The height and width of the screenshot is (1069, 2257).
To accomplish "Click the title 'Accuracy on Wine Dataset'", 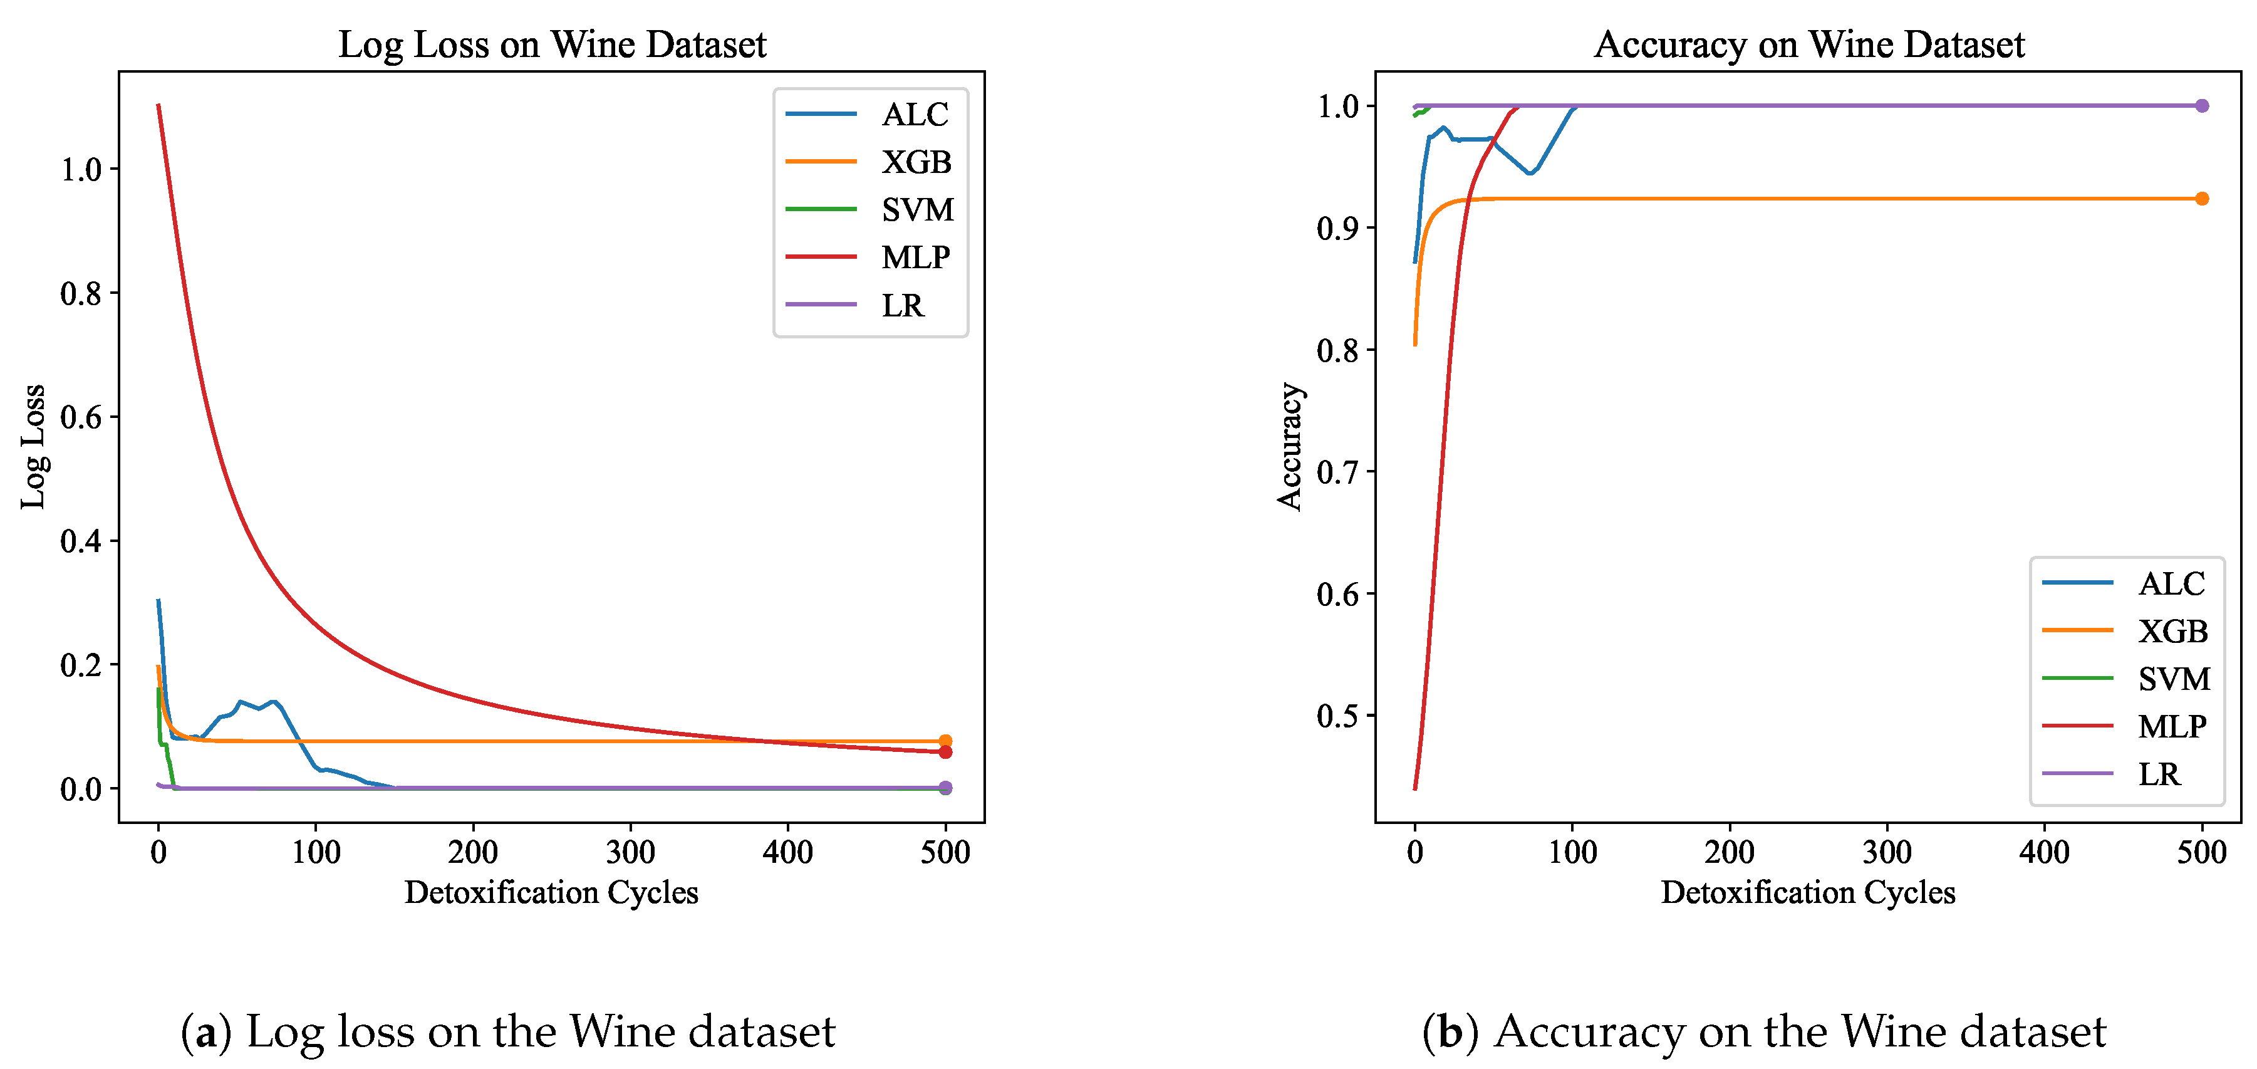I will [1808, 44].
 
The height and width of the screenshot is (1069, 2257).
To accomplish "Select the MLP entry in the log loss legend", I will [915, 258].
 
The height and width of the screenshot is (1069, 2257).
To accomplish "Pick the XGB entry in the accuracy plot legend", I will [2171, 632].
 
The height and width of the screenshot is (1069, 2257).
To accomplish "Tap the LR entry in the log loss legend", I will [903, 306].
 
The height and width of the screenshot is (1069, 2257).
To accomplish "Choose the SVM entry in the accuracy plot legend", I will [2173, 679].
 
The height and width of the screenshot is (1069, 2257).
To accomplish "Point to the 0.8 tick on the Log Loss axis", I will [81, 293].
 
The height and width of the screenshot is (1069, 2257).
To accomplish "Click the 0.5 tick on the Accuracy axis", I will [1337, 716].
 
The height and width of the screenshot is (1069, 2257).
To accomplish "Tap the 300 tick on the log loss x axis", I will [630, 852].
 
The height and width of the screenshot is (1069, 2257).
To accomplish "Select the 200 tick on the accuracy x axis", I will [1729, 852].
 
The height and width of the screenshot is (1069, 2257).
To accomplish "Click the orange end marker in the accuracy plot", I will [2202, 199].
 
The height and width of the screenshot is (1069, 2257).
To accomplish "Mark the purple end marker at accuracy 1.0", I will [2202, 106].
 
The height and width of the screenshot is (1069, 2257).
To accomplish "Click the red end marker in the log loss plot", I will [945, 752].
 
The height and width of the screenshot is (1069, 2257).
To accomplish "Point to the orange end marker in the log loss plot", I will [945, 741].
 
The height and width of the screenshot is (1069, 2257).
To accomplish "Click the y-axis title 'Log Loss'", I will [33, 446].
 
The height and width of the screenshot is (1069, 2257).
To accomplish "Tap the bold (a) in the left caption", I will [206, 1031].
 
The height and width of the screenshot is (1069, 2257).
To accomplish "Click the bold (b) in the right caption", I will [1450, 1031].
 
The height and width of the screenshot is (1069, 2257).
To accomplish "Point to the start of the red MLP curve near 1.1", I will [158, 105].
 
